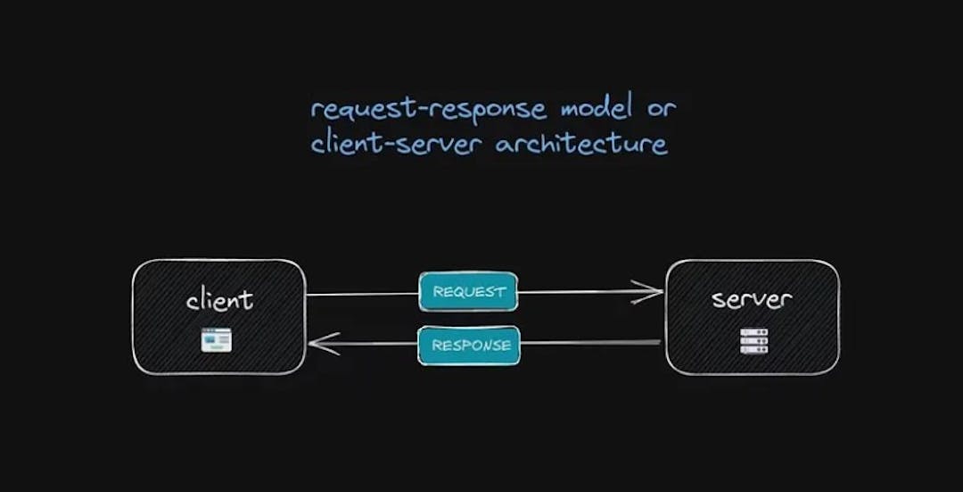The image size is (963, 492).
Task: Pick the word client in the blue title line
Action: click(x=344, y=143)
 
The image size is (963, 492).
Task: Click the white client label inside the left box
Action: click(x=219, y=300)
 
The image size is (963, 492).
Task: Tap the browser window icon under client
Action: click(x=216, y=339)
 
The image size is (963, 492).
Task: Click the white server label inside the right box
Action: click(x=752, y=299)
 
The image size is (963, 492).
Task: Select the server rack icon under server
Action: click(x=753, y=340)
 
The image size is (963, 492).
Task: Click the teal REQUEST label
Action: click(x=468, y=291)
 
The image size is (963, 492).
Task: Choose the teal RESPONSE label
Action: click(x=469, y=345)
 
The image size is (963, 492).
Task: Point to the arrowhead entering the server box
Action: click(x=651, y=291)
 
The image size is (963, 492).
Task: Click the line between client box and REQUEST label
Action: click(x=361, y=294)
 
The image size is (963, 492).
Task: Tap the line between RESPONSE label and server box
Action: click(x=588, y=342)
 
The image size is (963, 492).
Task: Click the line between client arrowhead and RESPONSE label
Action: click(x=374, y=344)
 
